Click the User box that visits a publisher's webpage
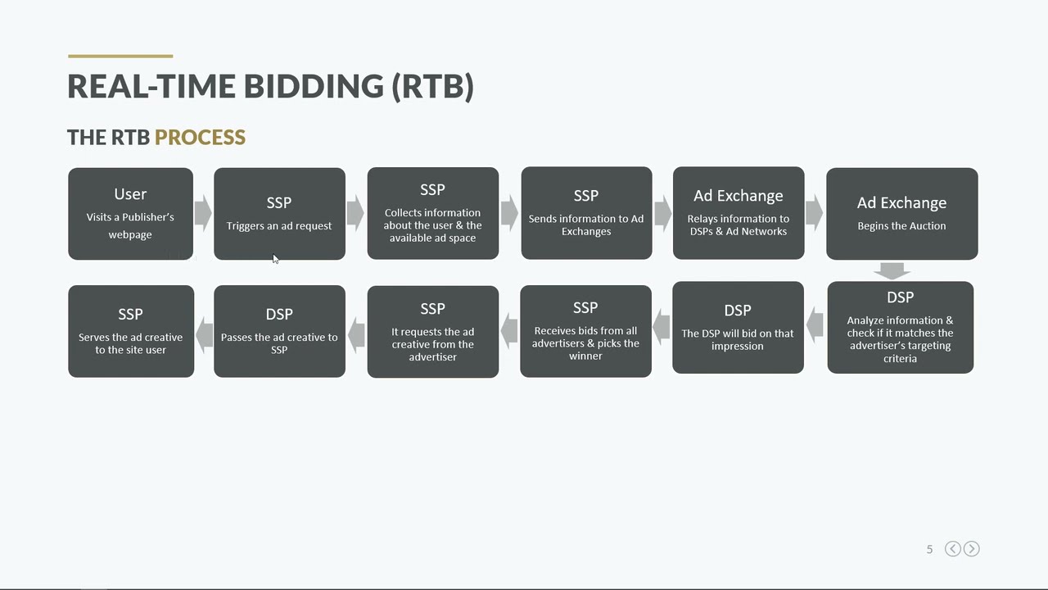[x=130, y=214]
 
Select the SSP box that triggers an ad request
[x=279, y=214]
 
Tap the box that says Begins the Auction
[x=901, y=214]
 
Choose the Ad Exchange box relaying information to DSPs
[x=738, y=213]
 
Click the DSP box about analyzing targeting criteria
[x=900, y=328]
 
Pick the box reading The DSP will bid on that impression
[x=738, y=328]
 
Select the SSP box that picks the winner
[x=585, y=331]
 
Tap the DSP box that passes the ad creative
[x=279, y=331]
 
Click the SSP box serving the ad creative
[x=131, y=331]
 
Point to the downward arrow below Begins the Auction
[x=892, y=270]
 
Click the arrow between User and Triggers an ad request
[x=203, y=214]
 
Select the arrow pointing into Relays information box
[x=662, y=213]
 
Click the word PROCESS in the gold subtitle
[x=200, y=137]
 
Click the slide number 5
[x=929, y=549]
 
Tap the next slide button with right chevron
[x=972, y=549]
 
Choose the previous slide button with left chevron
[x=953, y=549]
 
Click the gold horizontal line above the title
[x=120, y=57]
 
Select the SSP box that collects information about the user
[x=432, y=213]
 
